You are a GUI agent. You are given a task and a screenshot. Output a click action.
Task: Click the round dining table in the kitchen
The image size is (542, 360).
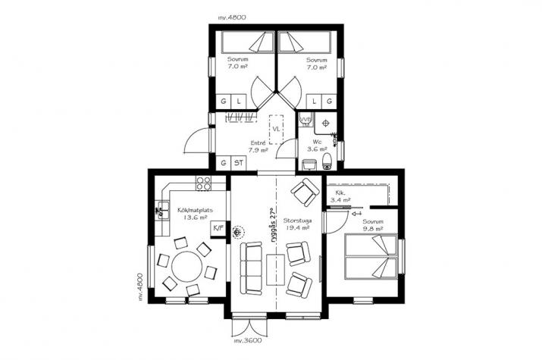click(186, 266)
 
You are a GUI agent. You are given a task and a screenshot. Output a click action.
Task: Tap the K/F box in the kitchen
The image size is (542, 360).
click(218, 228)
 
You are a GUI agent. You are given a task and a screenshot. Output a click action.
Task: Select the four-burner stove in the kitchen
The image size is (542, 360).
click(203, 183)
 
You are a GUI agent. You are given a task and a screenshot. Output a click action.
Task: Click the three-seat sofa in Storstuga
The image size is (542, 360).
click(252, 268)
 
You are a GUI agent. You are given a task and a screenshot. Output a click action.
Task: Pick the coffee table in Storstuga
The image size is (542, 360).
click(275, 270)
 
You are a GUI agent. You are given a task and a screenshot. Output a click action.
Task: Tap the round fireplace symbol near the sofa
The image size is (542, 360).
click(237, 233)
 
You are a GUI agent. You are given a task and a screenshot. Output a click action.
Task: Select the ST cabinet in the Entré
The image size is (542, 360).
click(239, 163)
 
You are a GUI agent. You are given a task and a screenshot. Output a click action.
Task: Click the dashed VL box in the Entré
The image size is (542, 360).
click(276, 130)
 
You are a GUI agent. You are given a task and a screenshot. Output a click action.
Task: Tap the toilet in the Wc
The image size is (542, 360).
click(327, 161)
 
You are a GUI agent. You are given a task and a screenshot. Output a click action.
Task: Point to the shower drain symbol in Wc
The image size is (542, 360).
click(325, 123)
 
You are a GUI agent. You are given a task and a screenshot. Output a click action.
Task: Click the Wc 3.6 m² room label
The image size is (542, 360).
click(318, 146)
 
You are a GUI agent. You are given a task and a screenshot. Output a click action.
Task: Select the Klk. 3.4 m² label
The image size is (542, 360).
click(340, 196)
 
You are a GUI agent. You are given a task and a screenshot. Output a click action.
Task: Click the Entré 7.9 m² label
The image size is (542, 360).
click(258, 146)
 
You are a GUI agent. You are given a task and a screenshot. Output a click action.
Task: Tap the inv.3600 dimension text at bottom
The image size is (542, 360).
click(247, 340)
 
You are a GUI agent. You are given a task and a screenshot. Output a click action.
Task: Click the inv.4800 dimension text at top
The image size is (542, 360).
click(232, 17)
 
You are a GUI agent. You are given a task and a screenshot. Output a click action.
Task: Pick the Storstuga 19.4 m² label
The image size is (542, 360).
click(297, 224)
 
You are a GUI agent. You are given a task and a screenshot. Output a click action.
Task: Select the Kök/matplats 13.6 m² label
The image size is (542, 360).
click(196, 214)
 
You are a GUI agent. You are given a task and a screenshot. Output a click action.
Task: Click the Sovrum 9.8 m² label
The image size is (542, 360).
click(373, 225)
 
